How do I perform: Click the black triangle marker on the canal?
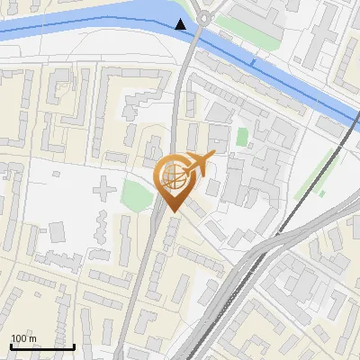click(x=182, y=24)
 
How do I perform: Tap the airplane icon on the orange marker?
click(x=198, y=164)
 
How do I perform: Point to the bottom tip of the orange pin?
click(x=173, y=212)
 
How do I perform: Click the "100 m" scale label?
click(x=23, y=338)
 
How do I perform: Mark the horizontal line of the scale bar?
click(x=42, y=346)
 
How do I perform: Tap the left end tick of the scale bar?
click(x=11, y=345)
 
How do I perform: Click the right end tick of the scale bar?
click(x=74, y=345)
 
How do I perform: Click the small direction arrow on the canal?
click(x=255, y=62)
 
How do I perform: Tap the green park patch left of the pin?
click(x=136, y=193)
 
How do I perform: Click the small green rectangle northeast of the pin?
click(x=242, y=138)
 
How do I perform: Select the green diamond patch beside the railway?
click(x=321, y=193)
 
